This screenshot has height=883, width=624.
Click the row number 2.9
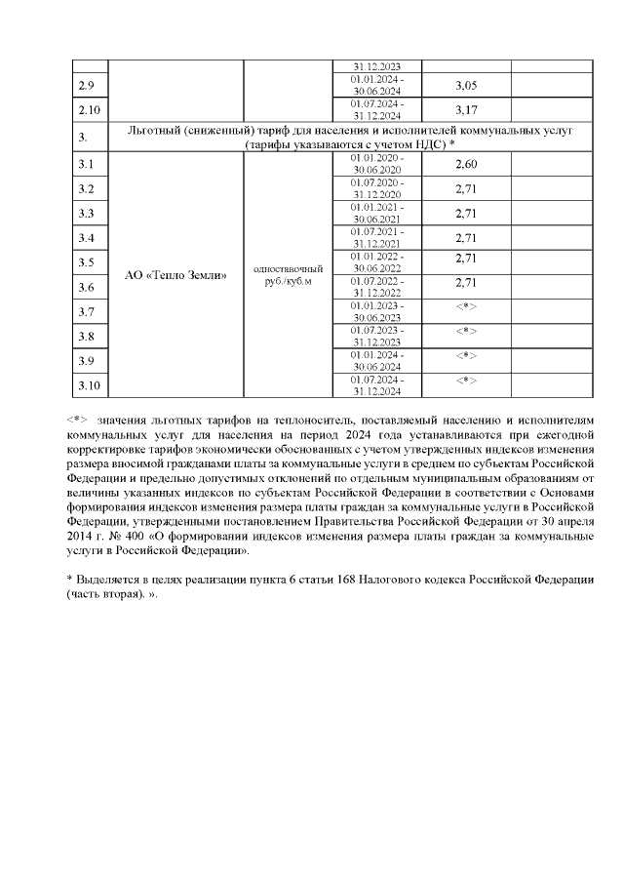pos(86,87)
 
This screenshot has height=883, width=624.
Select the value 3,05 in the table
pos(466,87)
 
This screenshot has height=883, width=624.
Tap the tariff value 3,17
pos(466,108)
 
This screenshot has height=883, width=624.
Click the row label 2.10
pos(89,108)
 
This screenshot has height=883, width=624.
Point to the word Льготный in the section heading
pos(160,130)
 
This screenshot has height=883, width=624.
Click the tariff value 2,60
pos(466,164)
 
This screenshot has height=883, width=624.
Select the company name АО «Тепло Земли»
pos(176,275)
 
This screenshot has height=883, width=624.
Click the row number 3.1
pos(86,164)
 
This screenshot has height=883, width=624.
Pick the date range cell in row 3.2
pos(376,188)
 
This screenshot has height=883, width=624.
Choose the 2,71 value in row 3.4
pos(466,237)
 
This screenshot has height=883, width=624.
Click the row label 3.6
pos(86,288)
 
